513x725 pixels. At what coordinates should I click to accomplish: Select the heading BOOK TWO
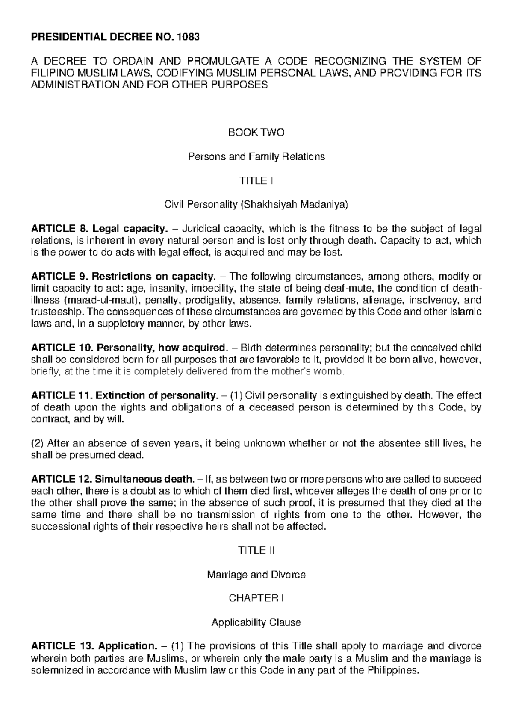click(256, 133)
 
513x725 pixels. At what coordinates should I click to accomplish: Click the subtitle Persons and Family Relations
click(256, 157)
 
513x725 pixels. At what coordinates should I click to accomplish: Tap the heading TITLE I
click(256, 181)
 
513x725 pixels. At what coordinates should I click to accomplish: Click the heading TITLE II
click(256, 551)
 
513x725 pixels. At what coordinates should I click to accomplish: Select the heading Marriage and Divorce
click(256, 575)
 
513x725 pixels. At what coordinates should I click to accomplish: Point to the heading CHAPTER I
click(256, 598)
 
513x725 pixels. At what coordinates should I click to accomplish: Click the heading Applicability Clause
click(256, 623)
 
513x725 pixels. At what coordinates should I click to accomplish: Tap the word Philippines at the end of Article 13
click(391, 670)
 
